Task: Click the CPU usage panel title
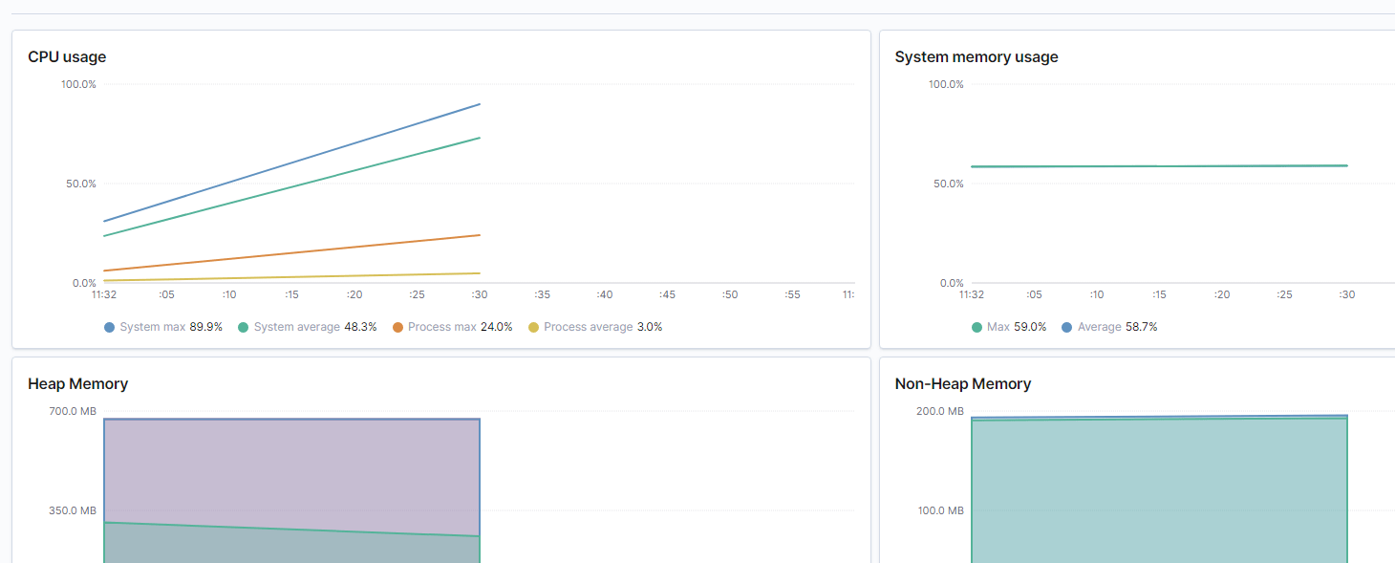tap(67, 57)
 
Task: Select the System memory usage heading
tap(976, 57)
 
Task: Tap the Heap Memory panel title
tap(77, 384)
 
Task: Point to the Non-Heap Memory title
tap(962, 384)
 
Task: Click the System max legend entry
tap(152, 327)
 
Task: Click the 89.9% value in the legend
tap(206, 327)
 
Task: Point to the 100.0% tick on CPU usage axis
tap(78, 84)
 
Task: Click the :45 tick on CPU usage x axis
tap(667, 295)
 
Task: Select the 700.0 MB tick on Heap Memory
tap(74, 412)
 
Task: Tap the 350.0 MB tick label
tap(74, 511)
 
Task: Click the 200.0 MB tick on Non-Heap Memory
tap(940, 412)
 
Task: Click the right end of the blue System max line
tap(479, 104)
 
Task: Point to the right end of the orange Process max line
tap(479, 235)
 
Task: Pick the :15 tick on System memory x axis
tap(1159, 295)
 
